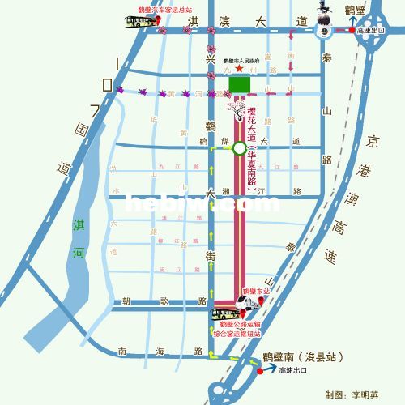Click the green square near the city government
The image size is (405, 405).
[239, 84]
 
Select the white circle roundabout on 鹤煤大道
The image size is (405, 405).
[239, 148]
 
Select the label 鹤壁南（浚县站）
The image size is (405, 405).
[301, 357]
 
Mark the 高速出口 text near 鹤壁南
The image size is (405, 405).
[291, 370]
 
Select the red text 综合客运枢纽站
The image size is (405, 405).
[237, 333]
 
